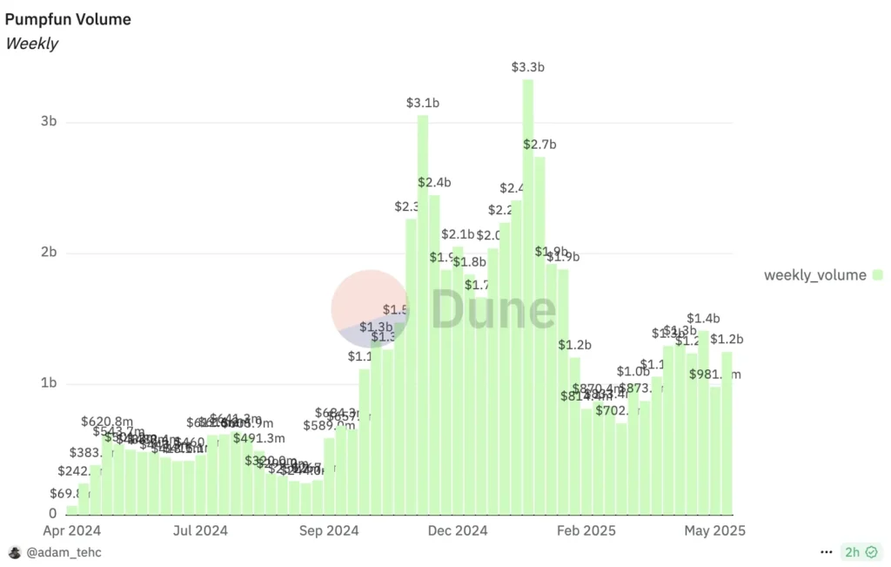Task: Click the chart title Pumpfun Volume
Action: click(x=68, y=19)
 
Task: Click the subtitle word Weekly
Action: click(x=32, y=44)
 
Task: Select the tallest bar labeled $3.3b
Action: click(x=527, y=296)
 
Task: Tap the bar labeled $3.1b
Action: click(x=423, y=314)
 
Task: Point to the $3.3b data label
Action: click(x=527, y=67)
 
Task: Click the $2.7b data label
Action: click(x=540, y=144)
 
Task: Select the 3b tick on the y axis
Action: click(x=48, y=122)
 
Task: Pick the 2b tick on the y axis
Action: click(x=48, y=253)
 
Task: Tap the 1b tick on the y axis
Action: click(x=48, y=383)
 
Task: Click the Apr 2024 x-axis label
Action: click(x=72, y=530)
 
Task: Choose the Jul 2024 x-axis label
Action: click(x=200, y=530)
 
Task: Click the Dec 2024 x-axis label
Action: click(x=459, y=530)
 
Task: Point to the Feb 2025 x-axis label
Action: click(x=586, y=530)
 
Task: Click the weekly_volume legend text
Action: click(x=815, y=275)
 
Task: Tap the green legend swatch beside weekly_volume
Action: click(x=877, y=275)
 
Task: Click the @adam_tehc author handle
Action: click(x=64, y=552)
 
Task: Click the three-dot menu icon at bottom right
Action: click(x=827, y=552)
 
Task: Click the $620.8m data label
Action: click(x=108, y=422)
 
